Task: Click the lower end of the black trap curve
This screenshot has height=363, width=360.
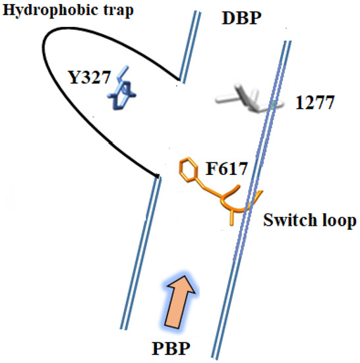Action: click(x=156, y=176)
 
